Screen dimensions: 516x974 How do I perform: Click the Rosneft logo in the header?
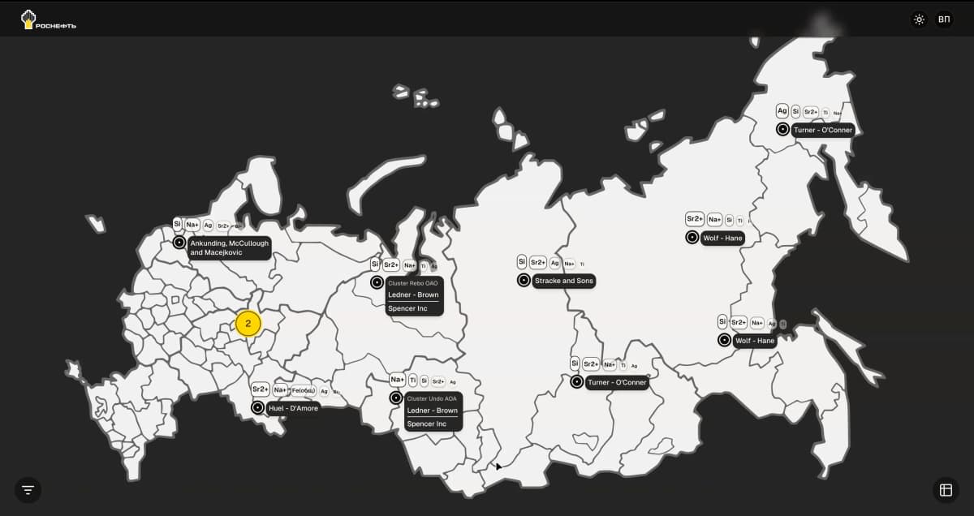pyautogui.click(x=48, y=19)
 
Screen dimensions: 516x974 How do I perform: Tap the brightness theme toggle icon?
pyautogui.click(x=919, y=19)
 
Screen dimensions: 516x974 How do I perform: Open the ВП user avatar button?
pyautogui.click(x=944, y=19)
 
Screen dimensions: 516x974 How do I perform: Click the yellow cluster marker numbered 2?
pyautogui.click(x=248, y=324)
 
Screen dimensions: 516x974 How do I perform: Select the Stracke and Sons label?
pyautogui.click(x=564, y=281)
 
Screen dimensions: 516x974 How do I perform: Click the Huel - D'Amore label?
pyautogui.click(x=293, y=408)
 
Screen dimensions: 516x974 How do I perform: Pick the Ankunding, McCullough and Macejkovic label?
pyautogui.click(x=228, y=248)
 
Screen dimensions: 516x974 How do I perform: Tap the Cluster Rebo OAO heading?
pyautogui.click(x=412, y=283)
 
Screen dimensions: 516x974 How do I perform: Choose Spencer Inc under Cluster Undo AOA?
pyautogui.click(x=427, y=424)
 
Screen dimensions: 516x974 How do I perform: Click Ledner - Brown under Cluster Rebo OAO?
pyautogui.click(x=413, y=295)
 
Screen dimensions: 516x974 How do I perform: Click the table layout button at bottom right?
pyautogui.click(x=946, y=489)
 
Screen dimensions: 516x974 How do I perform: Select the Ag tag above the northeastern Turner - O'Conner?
pyautogui.click(x=782, y=111)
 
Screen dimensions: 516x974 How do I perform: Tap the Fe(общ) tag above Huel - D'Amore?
pyautogui.click(x=303, y=390)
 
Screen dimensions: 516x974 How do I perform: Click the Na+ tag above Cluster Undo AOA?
pyautogui.click(x=397, y=380)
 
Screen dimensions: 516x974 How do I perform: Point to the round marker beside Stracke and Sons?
pyautogui.click(x=524, y=281)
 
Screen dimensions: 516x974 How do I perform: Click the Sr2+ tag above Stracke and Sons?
pyautogui.click(x=537, y=262)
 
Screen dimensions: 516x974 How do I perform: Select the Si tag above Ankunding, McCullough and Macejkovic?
pyautogui.click(x=177, y=224)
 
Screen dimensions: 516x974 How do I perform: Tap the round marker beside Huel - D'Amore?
pyautogui.click(x=257, y=407)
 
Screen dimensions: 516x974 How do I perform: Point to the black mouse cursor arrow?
pyautogui.click(x=498, y=467)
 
